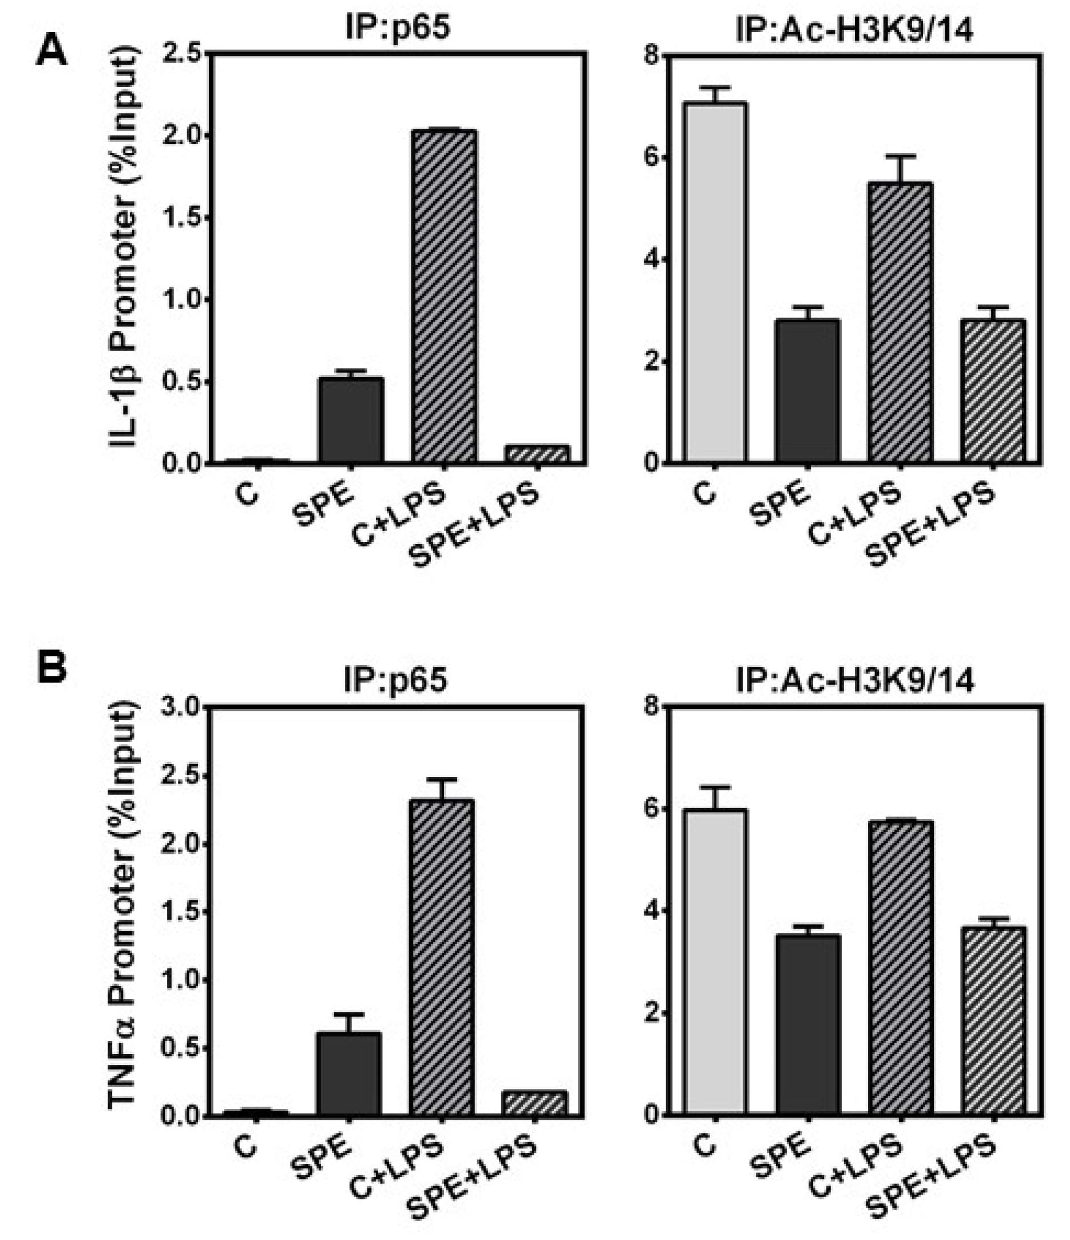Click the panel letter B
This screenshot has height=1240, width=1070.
(x=51, y=668)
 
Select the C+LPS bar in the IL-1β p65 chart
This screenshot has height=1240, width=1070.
(x=444, y=296)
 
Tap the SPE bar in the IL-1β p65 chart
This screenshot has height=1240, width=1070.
(x=350, y=419)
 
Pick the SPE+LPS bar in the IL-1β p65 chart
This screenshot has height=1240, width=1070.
(x=537, y=454)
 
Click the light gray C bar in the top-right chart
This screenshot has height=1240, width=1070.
(x=716, y=282)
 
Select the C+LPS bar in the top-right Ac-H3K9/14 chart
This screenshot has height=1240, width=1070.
(x=901, y=323)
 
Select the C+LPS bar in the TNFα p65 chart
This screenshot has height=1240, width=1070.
(x=442, y=957)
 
